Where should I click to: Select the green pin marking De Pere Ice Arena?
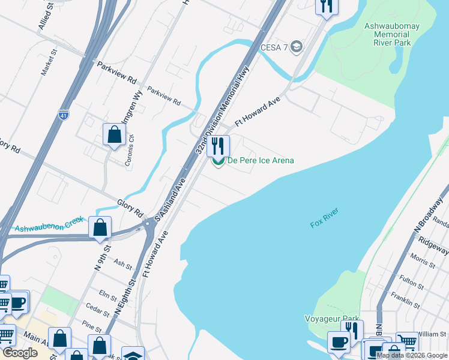(x=218, y=161)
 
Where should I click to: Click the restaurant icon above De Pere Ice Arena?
(x=218, y=145)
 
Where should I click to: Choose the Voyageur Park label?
(x=333, y=319)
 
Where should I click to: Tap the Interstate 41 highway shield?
(x=64, y=113)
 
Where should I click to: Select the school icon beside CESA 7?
(x=295, y=47)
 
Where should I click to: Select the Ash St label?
(x=122, y=263)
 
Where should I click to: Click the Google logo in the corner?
(x=20, y=353)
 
